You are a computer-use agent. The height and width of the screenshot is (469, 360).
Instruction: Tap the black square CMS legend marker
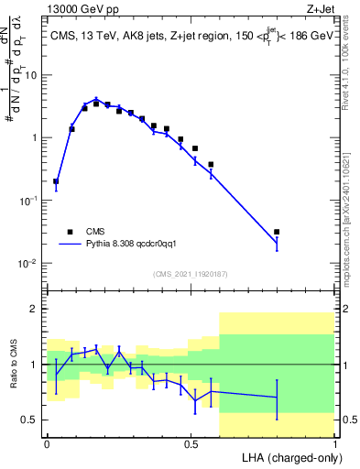click(69, 232)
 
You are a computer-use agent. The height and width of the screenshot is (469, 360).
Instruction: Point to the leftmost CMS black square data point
click(56, 181)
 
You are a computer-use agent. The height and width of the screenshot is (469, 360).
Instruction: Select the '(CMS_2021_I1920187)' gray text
click(191, 274)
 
